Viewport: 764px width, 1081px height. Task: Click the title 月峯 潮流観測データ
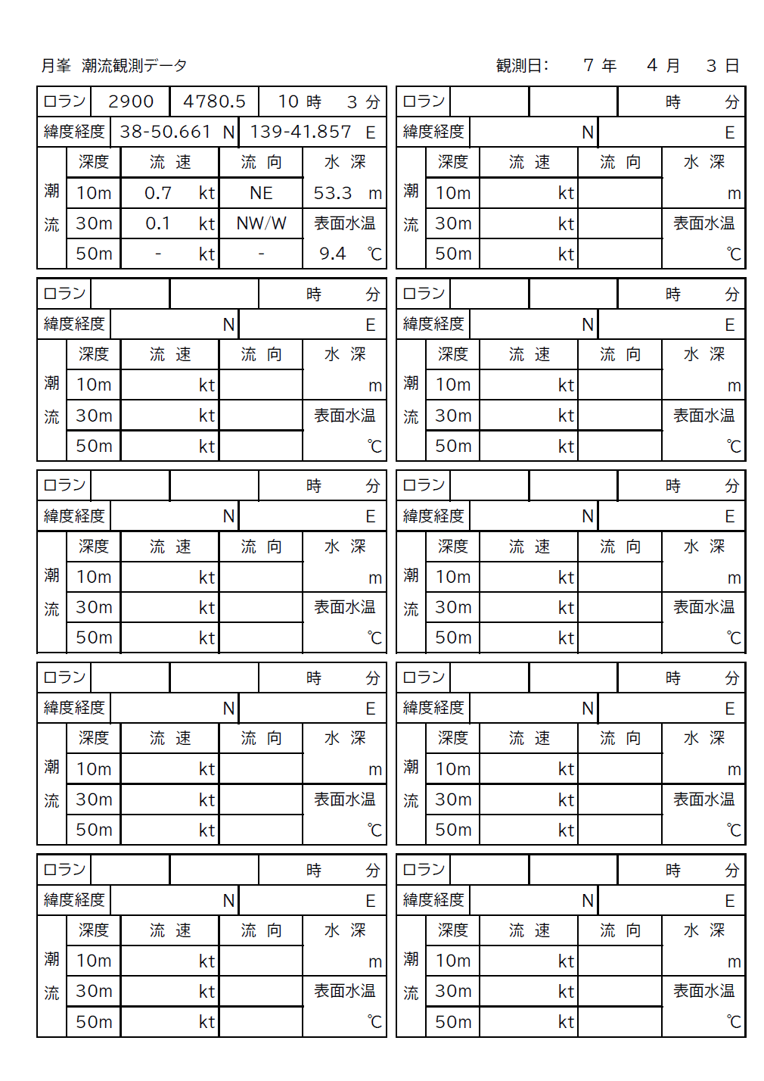point(113,66)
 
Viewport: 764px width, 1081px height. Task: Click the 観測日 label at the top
point(522,66)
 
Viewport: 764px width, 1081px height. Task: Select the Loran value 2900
point(131,101)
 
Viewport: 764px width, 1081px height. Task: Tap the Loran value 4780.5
point(214,101)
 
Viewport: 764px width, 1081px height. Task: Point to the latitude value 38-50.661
point(165,132)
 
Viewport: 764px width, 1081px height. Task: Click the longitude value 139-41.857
point(300,132)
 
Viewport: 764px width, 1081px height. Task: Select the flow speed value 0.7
point(158,193)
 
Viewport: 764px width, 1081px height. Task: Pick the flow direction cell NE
point(261,193)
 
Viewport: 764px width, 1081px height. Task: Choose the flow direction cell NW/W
point(261,223)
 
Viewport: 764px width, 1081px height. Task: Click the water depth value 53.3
point(333,193)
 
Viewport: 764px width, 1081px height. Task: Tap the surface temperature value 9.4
point(332,254)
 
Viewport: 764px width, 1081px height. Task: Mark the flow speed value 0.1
point(158,223)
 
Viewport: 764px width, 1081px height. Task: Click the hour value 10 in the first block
point(288,101)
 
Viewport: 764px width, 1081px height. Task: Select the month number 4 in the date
point(652,66)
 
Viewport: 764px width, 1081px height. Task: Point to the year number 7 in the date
point(589,66)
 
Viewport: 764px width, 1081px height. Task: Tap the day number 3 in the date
point(711,66)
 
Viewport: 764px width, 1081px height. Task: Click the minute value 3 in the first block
point(352,101)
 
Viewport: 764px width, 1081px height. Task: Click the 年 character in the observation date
point(609,66)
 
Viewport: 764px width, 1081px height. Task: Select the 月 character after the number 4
point(672,66)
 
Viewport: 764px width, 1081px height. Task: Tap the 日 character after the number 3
point(731,66)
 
